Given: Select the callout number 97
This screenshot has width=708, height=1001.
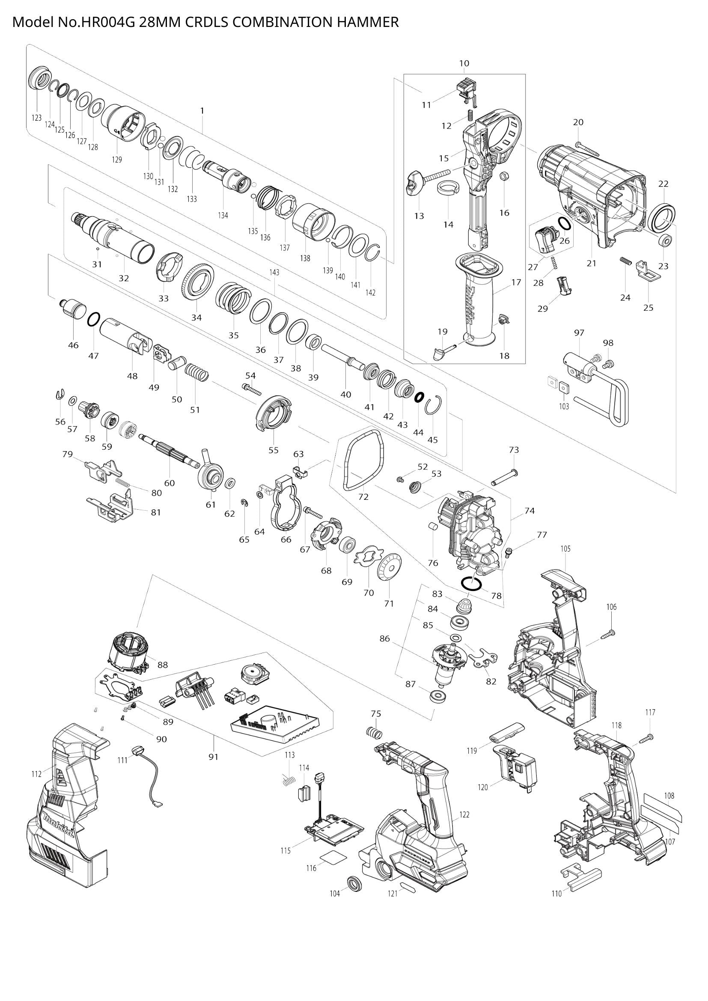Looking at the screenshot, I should [579, 333].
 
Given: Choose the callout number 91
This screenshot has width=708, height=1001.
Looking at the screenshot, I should [213, 757].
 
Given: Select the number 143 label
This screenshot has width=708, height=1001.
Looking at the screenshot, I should [274, 272].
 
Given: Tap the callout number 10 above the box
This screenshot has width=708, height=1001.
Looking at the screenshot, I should [464, 63].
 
